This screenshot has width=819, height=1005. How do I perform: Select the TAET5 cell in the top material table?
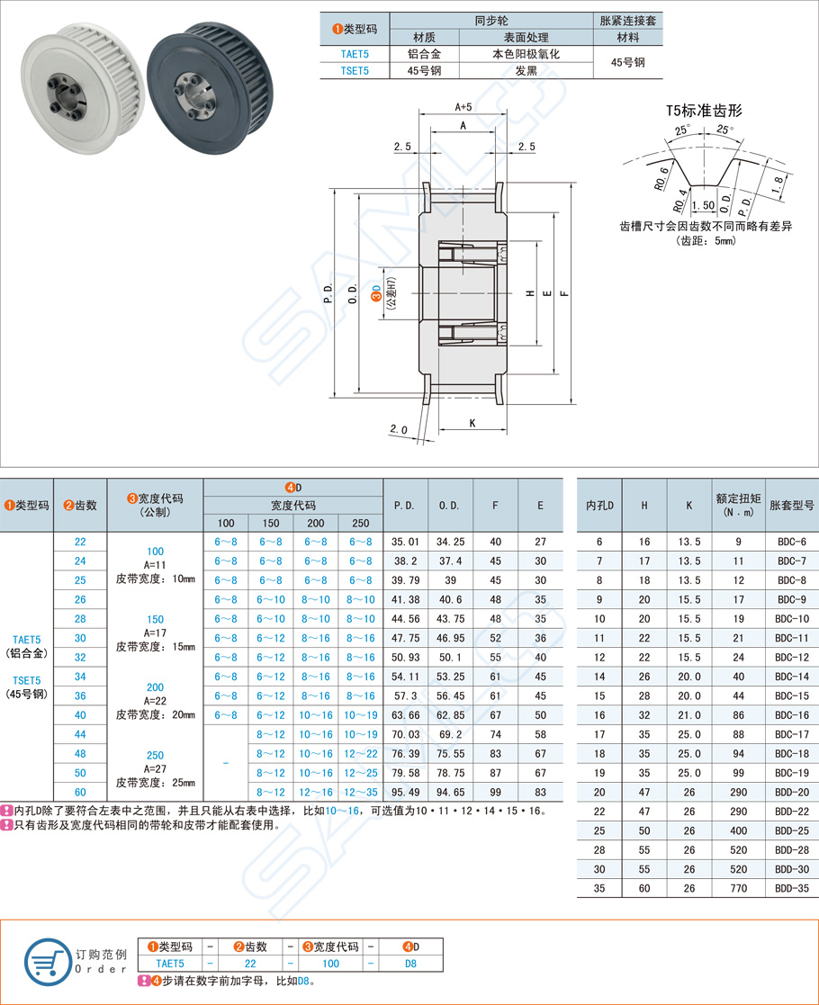355,54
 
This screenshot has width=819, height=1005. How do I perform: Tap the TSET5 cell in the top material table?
355,70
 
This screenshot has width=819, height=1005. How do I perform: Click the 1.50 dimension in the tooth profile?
706,205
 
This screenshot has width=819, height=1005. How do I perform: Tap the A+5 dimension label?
463,107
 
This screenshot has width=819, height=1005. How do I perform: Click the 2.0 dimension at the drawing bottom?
400,429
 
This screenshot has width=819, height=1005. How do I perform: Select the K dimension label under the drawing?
471,421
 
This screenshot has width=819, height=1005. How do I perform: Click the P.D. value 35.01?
406,542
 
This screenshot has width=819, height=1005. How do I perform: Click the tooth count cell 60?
80,792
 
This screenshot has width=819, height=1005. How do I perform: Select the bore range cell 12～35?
360,792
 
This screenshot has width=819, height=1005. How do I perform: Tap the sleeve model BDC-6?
790,542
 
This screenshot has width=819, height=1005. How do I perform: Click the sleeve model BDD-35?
790,888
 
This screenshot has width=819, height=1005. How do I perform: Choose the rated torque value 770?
739,888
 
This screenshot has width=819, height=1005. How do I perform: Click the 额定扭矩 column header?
739,505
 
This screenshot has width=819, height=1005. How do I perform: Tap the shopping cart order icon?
46,960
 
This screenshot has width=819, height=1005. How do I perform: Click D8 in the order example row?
410,963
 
